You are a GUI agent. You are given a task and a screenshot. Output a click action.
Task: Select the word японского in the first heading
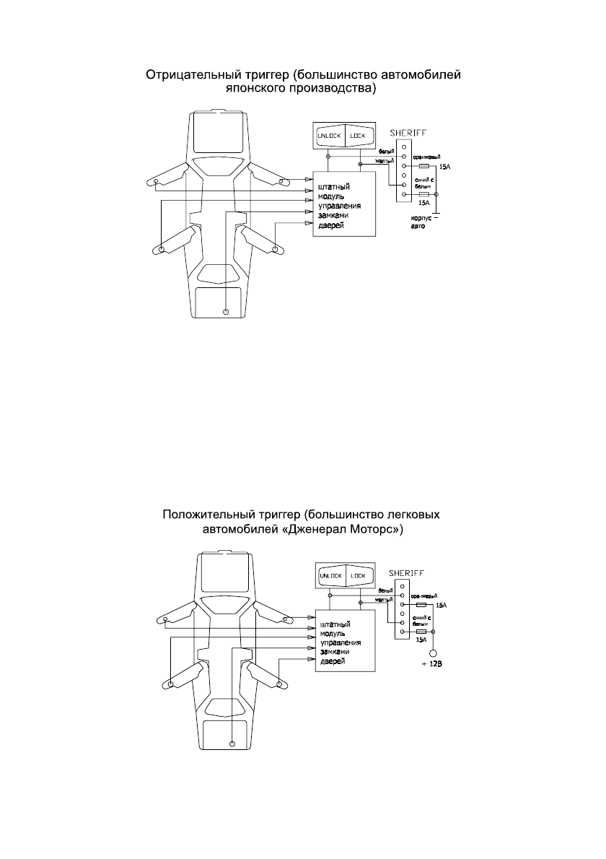tap(256, 89)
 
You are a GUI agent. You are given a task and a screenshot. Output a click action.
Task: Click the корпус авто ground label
tap(419, 222)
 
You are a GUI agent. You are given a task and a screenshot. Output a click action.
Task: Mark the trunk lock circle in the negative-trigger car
tap(225, 312)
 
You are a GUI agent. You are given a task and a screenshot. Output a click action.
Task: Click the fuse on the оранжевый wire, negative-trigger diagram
tap(424, 165)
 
